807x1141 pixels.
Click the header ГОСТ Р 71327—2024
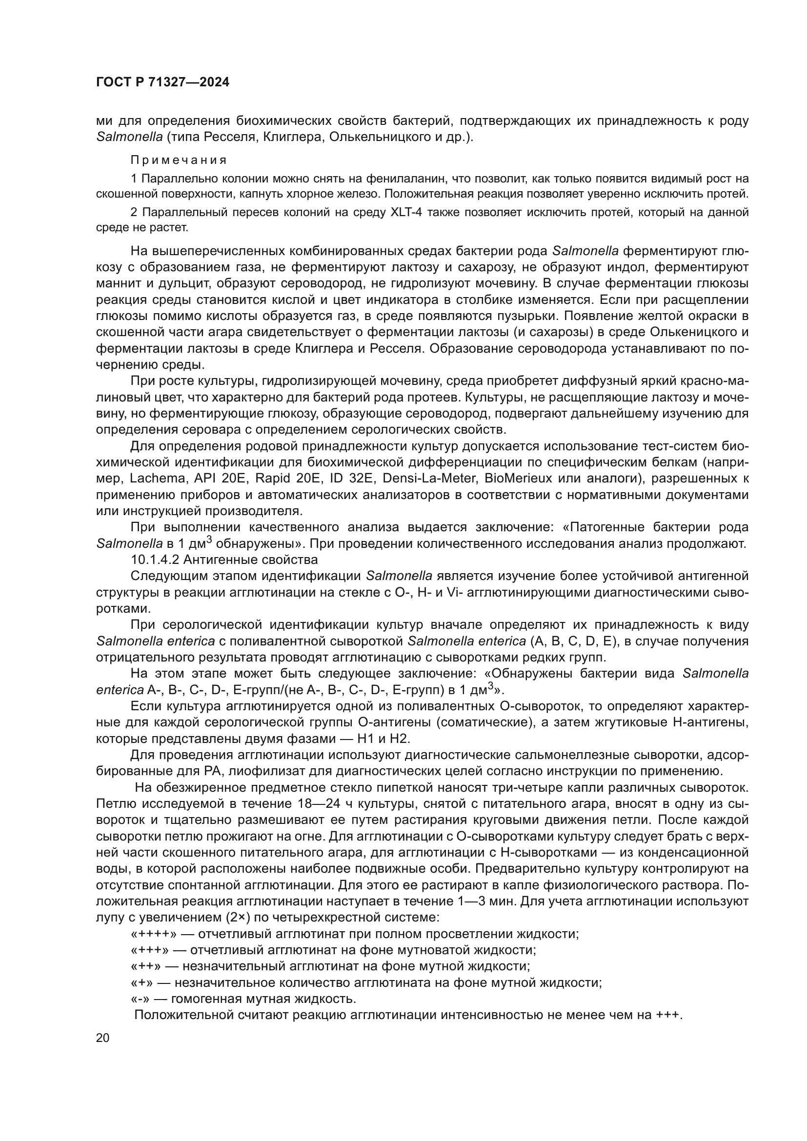coord(162,82)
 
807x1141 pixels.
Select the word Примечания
coord(179,160)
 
